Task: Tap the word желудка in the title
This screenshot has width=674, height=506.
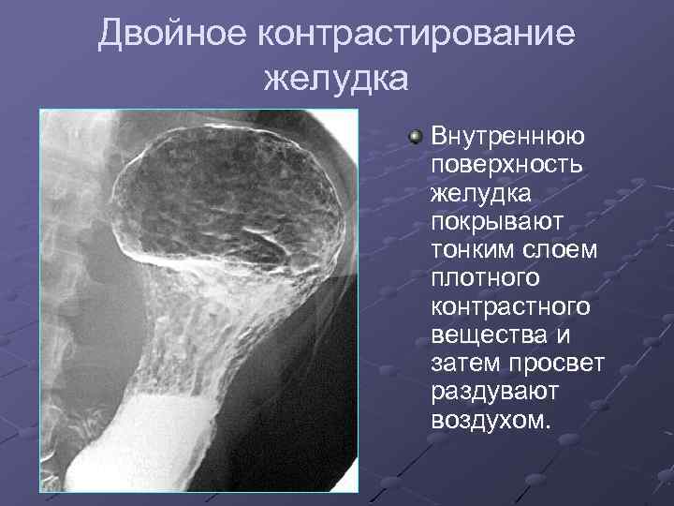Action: click(336, 79)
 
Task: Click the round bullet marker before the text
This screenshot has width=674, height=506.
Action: click(416, 138)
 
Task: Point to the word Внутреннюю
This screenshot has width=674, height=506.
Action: click(508, 137)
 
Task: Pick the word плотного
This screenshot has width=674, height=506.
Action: click(486, 278)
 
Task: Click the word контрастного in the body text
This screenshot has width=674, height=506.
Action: click(511, 306)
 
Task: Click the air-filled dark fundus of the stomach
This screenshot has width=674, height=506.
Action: click(225, 187)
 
